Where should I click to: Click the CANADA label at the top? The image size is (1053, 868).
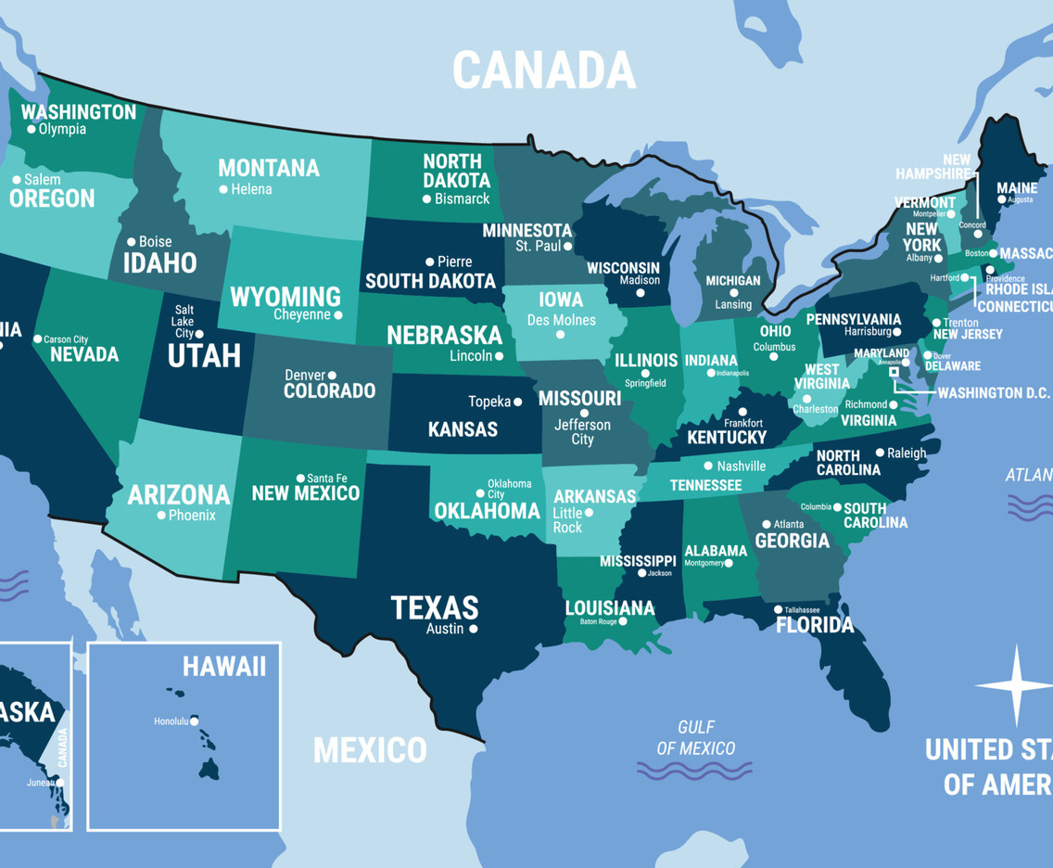point(544,70)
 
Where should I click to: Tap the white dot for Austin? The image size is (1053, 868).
point(474,629)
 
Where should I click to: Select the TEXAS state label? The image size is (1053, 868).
point(435,607)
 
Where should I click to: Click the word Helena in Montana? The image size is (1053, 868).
point(252,189)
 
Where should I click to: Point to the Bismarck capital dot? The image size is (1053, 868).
point(427,198)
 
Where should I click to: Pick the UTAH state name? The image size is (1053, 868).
point(204,355)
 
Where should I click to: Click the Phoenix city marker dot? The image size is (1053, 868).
point(161,515)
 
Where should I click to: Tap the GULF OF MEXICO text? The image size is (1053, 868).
point(695,737)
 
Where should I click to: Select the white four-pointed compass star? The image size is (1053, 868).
point(1015,685)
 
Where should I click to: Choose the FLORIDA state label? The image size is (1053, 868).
point(815,625)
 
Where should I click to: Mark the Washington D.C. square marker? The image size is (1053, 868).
point(894,371)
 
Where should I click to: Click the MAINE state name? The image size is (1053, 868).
point(1017,188)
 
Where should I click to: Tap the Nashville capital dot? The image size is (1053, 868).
point(709,466)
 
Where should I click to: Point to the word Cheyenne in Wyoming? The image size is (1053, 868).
point(301,314)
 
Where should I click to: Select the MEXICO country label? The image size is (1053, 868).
point(370,749)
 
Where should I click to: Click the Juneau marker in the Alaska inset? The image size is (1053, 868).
point(59,783)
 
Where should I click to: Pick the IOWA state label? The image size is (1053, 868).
point(561,300)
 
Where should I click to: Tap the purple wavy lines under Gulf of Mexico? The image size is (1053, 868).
point(694,771)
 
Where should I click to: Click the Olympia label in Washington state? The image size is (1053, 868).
point(62,129)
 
